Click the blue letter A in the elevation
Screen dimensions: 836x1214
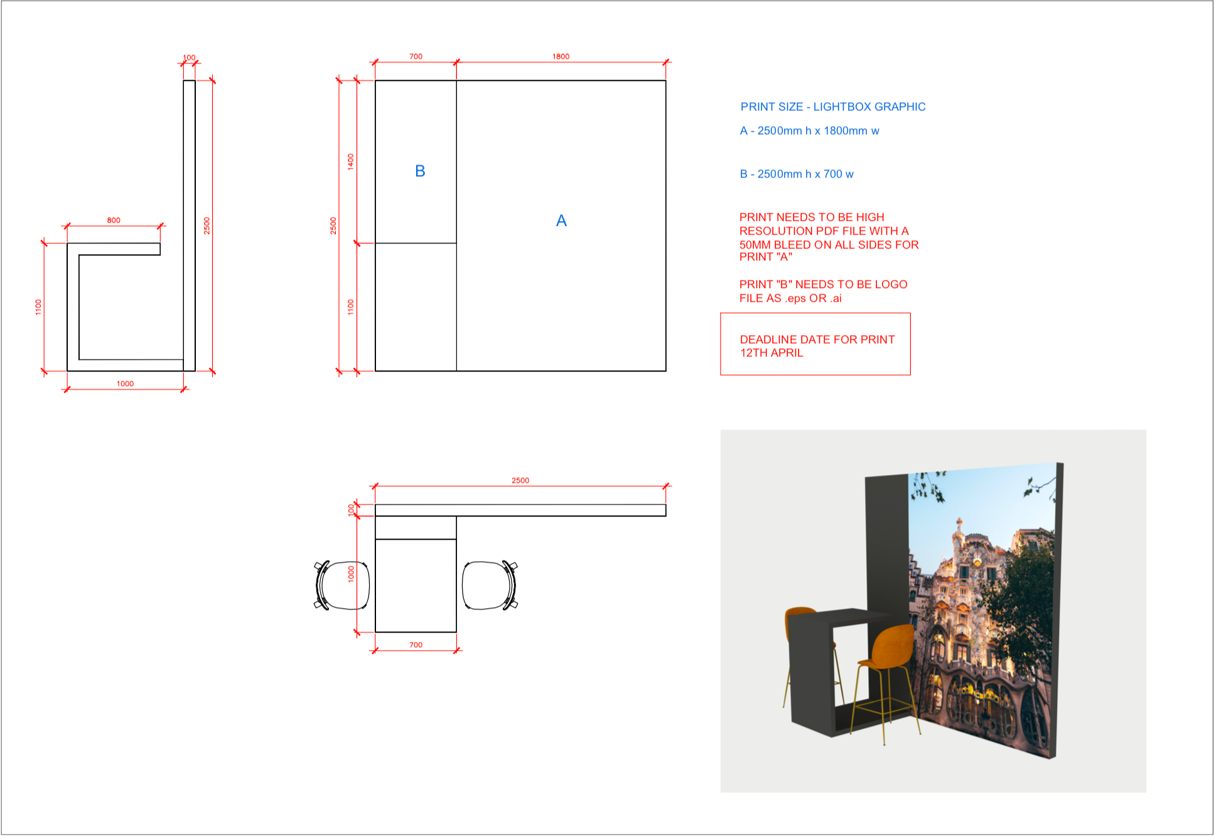coord(561,221)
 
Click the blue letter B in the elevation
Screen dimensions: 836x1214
coord(420,171)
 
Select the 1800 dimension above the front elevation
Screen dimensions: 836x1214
coord(561,56)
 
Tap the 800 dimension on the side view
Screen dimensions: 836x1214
coord(114,220)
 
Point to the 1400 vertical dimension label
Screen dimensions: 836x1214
coord(351,161)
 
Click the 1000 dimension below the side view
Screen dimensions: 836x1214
coord(125,383)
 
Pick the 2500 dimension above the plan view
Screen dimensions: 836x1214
coord(520,480)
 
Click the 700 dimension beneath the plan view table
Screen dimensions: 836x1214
coord(416,645)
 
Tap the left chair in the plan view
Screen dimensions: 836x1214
coord(341,585)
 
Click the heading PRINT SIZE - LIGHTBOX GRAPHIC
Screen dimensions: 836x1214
coord(832,107)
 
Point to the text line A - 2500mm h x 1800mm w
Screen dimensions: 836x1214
coord(809,131)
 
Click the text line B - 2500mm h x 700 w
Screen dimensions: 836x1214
coord(796,174)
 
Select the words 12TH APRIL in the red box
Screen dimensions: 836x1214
coord(771,353)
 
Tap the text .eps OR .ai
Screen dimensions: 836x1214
coord(813,298)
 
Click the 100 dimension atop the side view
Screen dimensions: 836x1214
coord(189,57)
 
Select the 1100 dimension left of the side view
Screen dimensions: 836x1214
coord(38,307)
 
